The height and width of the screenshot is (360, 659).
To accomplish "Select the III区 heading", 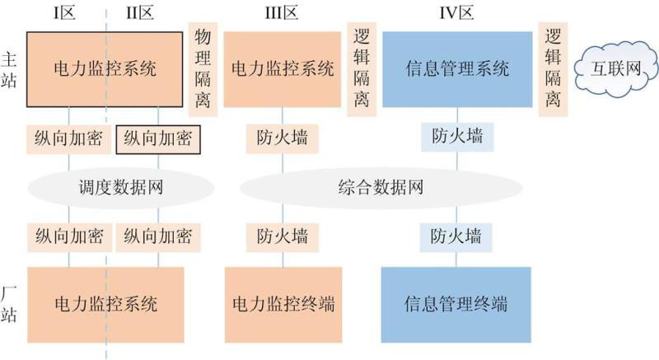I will coord(283,13).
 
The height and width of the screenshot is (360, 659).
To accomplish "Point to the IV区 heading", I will coord(457,13).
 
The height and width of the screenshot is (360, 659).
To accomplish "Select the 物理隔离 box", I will coord(203,69).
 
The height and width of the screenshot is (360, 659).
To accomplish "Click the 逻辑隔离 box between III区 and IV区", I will coord(362,69).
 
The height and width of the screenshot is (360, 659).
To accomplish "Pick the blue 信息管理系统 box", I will coord(458,68).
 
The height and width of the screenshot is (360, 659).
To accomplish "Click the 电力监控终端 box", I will coord(283,303).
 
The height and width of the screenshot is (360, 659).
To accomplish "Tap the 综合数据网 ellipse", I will coord(381,188).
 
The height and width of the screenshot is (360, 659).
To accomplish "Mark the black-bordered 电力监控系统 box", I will coord(104,68).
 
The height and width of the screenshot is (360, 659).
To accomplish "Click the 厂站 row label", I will coord(11,303).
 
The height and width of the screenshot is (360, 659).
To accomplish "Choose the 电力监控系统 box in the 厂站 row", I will coord(104,303).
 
